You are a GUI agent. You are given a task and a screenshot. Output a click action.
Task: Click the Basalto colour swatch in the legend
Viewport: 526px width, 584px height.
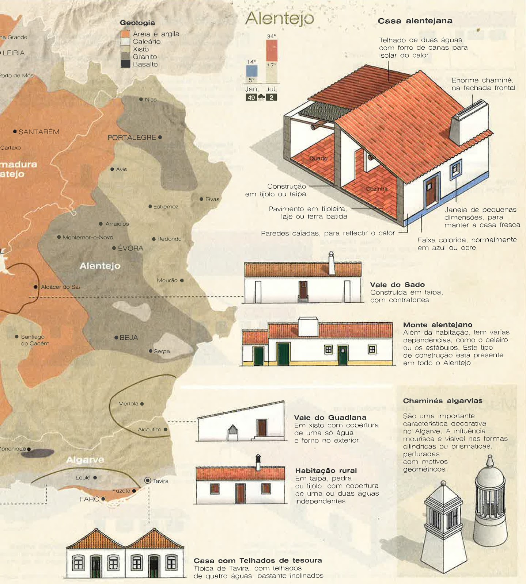pyautogui.click(x=125, y=64)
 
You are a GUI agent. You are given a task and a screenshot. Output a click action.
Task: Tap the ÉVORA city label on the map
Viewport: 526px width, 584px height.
pyautogui.click(x=130, y=248)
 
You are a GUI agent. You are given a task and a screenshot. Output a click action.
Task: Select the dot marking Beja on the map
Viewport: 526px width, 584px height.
pyautogui.click(x=116, y=338)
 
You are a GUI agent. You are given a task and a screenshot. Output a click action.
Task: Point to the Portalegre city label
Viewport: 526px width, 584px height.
pyautogui.click(x=132, y=138)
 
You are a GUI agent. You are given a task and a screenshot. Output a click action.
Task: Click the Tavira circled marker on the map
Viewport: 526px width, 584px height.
pyautogui.click(x=148, y=480)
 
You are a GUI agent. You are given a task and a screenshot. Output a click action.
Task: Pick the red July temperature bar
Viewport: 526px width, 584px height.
pyautogui.click(x=271, y=50)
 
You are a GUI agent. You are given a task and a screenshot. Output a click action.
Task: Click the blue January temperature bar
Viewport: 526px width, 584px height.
pyautogui.click(x=251, y=70)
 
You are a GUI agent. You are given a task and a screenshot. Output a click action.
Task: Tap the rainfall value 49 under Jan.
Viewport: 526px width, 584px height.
pyautogui.click(x=251, y=97)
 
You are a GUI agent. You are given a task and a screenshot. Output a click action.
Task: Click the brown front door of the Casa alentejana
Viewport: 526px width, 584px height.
pyautogui.click(x=431, y=191)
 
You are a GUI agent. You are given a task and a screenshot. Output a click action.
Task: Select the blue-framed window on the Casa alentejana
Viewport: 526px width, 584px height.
pyautogui.click(x=455, y=169)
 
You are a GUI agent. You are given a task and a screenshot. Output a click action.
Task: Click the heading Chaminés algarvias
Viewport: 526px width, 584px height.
pyautogui.click(x=442, y=401)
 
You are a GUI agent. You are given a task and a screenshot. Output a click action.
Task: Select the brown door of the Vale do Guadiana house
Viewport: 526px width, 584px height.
pyautogui.click(x=261, y=428)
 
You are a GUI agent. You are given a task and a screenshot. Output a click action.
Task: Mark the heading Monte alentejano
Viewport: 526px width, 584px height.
pyautogui.click(x=438, y=325)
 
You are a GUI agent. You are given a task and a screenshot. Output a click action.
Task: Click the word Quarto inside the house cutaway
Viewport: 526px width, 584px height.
pyautogui.click(x=318, y=158)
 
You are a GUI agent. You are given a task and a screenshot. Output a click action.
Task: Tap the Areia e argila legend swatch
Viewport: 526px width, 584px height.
pyautogui.click(x=125, y=34)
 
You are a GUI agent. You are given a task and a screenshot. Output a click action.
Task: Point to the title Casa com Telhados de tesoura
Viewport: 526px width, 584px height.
pyautogui.click(x=258, y=561)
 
